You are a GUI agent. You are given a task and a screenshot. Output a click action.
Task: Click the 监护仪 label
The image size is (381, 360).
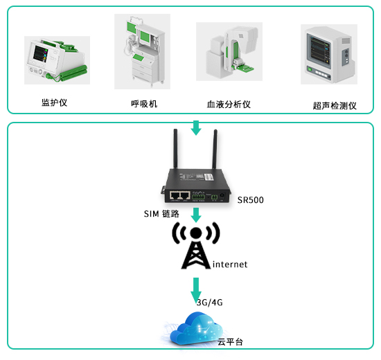[54, 102]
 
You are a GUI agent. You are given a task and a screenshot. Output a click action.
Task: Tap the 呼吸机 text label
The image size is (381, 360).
[144, 104]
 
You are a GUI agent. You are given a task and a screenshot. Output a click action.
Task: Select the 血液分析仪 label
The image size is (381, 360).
[229, 105]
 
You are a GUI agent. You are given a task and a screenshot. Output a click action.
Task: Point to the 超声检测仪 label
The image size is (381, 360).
[335, 106]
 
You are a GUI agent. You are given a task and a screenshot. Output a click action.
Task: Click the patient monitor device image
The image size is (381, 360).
[57, 60]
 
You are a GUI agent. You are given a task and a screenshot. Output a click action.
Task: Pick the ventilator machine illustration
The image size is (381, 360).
[143, 51]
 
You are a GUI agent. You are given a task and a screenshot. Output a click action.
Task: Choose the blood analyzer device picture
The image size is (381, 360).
[229, 51]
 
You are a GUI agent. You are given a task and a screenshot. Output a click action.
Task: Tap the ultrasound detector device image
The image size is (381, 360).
[329, 54]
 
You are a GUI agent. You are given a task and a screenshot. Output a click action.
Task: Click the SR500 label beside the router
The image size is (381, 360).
[251, 200]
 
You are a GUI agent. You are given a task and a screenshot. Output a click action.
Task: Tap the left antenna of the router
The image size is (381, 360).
[175, 149]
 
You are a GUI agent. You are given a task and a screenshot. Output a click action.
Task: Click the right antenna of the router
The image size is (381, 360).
[215, 149]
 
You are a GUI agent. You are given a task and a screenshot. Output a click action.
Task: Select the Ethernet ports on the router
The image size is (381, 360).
[180, 195]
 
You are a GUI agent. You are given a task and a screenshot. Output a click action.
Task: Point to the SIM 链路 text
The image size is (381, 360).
[161, 214]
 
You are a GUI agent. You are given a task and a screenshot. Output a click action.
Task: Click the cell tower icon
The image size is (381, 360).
[196, 245]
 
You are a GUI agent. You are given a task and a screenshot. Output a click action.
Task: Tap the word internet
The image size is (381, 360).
[230, 264]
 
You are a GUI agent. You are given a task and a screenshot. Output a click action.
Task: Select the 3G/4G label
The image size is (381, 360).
[210, 303]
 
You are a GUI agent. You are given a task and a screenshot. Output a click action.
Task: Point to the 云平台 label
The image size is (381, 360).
[230, 342]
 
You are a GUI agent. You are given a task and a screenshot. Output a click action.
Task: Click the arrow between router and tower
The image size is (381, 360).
[196, 215]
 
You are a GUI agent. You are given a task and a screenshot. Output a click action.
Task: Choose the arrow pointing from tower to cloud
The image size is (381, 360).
[196, 290]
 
